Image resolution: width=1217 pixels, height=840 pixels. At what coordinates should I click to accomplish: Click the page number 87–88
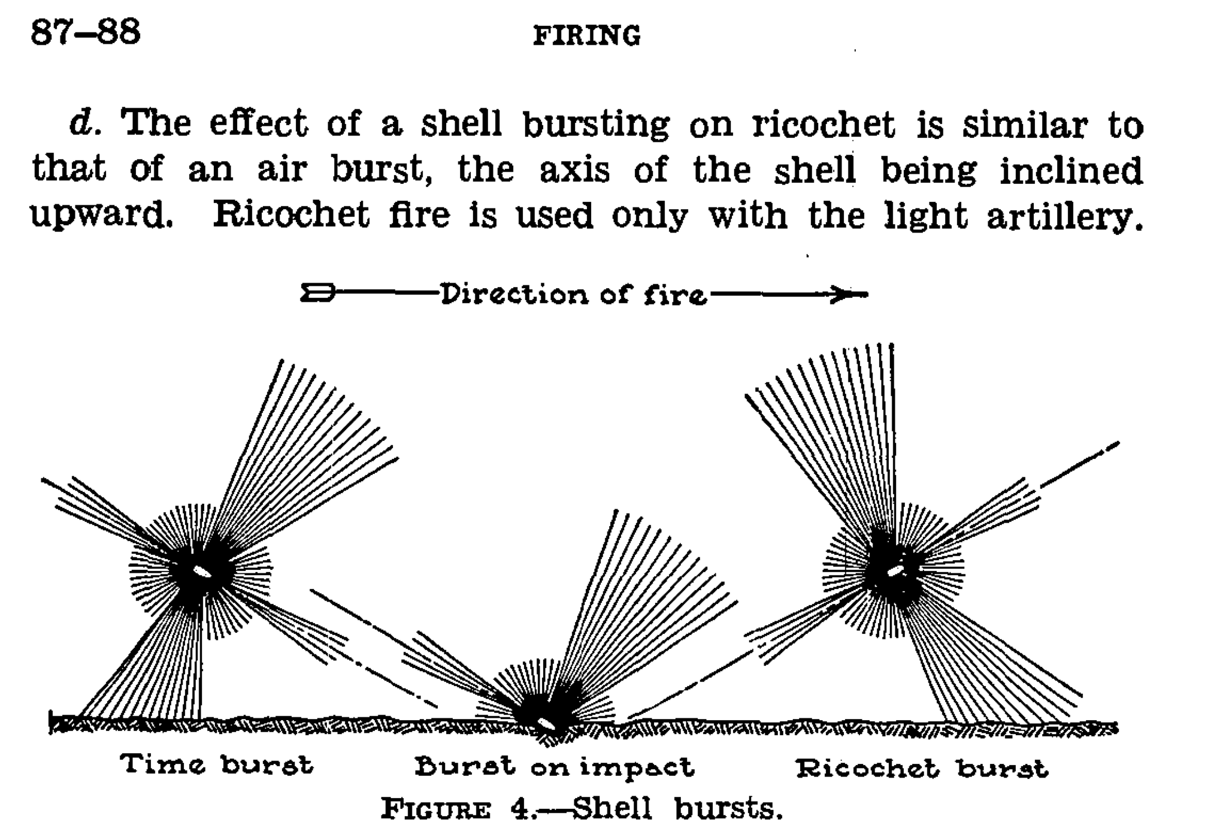pos(85,32)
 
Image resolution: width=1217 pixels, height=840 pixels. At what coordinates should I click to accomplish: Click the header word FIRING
pos(586,36)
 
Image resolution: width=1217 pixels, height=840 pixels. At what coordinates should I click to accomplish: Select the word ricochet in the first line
pos(824,125)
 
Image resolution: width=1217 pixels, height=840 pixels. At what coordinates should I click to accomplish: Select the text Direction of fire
pos(574,295)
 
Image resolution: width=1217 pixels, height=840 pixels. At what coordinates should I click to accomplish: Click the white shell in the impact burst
pos(546,724)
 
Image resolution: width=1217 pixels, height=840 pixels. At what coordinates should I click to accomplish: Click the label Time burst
pos(216,765)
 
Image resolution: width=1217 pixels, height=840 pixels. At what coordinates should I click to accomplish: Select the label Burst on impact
pos(554,768)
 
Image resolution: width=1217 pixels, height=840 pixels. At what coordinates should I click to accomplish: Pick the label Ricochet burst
pos(922,769)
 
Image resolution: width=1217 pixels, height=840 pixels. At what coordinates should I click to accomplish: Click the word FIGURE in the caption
pos(436,810)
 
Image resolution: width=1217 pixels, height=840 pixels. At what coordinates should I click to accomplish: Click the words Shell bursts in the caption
pos(677,809)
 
